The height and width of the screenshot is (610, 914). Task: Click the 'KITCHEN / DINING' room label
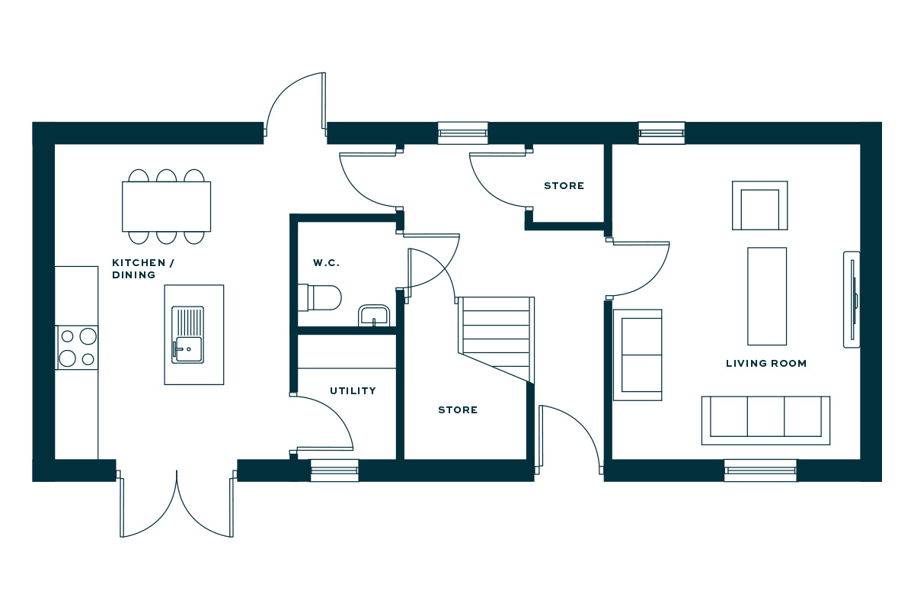pyautogui.click(x=143, y=268)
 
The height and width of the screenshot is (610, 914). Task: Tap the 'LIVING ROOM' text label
pyautogui.click(x=765, y=364)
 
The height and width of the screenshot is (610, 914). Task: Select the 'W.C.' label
pyautogui.click(x=326, y=263)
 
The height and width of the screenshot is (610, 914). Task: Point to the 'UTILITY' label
pyautogui.click(x=353, y=391)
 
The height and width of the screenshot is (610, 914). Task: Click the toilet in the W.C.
pyautogui.click(x=320, y=297)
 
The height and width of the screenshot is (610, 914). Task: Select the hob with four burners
pyautogui.click(x=77, y=347)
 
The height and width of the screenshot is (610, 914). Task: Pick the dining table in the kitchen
pyautogui.click(x=166, y=206)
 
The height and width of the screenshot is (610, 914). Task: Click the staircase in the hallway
pyautogui.click(x=495, y=335)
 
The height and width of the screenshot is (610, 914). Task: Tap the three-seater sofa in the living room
pyautogui.click(x=765, y=419)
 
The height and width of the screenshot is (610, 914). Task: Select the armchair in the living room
pyautogui.click(x=759, y=206)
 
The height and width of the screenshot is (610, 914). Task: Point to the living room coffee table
pyautogui.click(x=766, y=296)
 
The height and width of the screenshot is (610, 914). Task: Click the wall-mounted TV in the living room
pyautogui.click(x=852, y=299)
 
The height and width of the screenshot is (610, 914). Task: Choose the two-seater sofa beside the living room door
pyautogui.click(x=638, y=355)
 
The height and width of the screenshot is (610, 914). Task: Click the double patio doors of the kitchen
pyautogui.click(x=177, y=503)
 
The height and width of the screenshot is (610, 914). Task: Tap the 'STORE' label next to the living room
pyautogui.click(x=564, y=186)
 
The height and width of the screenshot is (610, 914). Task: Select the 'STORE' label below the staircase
pyautogui.click(x=458, y=410)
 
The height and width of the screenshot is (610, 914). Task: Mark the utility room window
pyautogui.click(x=334, y=470)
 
